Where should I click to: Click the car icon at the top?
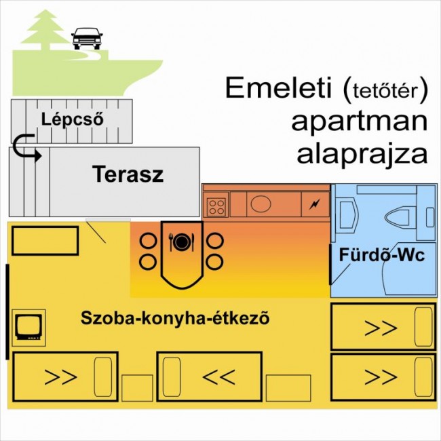click(x=85, y=38)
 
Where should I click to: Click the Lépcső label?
click(x=71, y=119)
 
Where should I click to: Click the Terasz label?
click(x=128, y=174)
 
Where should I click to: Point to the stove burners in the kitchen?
click(x=216, y=205)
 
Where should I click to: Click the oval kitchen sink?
click(x=261, y=203)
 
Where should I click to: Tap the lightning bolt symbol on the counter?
click(x=314, y=204)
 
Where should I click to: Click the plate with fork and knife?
click(x=181, y=242)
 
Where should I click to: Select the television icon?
click(x=28, y=326)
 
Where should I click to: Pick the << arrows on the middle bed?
click(x=218, y=376)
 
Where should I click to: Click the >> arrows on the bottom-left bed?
click(x=60, y=377)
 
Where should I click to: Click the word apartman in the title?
click(x=360, y=121)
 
